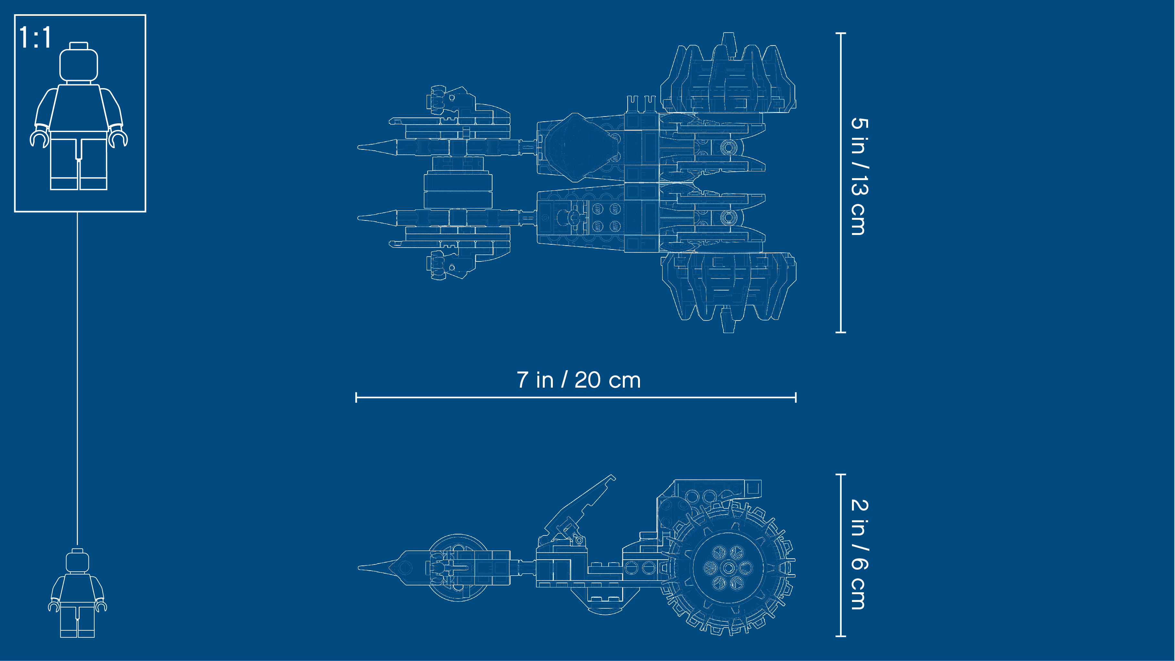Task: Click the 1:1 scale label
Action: (35, 37)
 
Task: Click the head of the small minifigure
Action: (77, 561)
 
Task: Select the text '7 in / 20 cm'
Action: (578, 380)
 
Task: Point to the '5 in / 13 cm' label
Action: (860, 176)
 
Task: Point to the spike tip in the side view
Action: (359, 568)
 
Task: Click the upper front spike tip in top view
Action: (359, 147)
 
